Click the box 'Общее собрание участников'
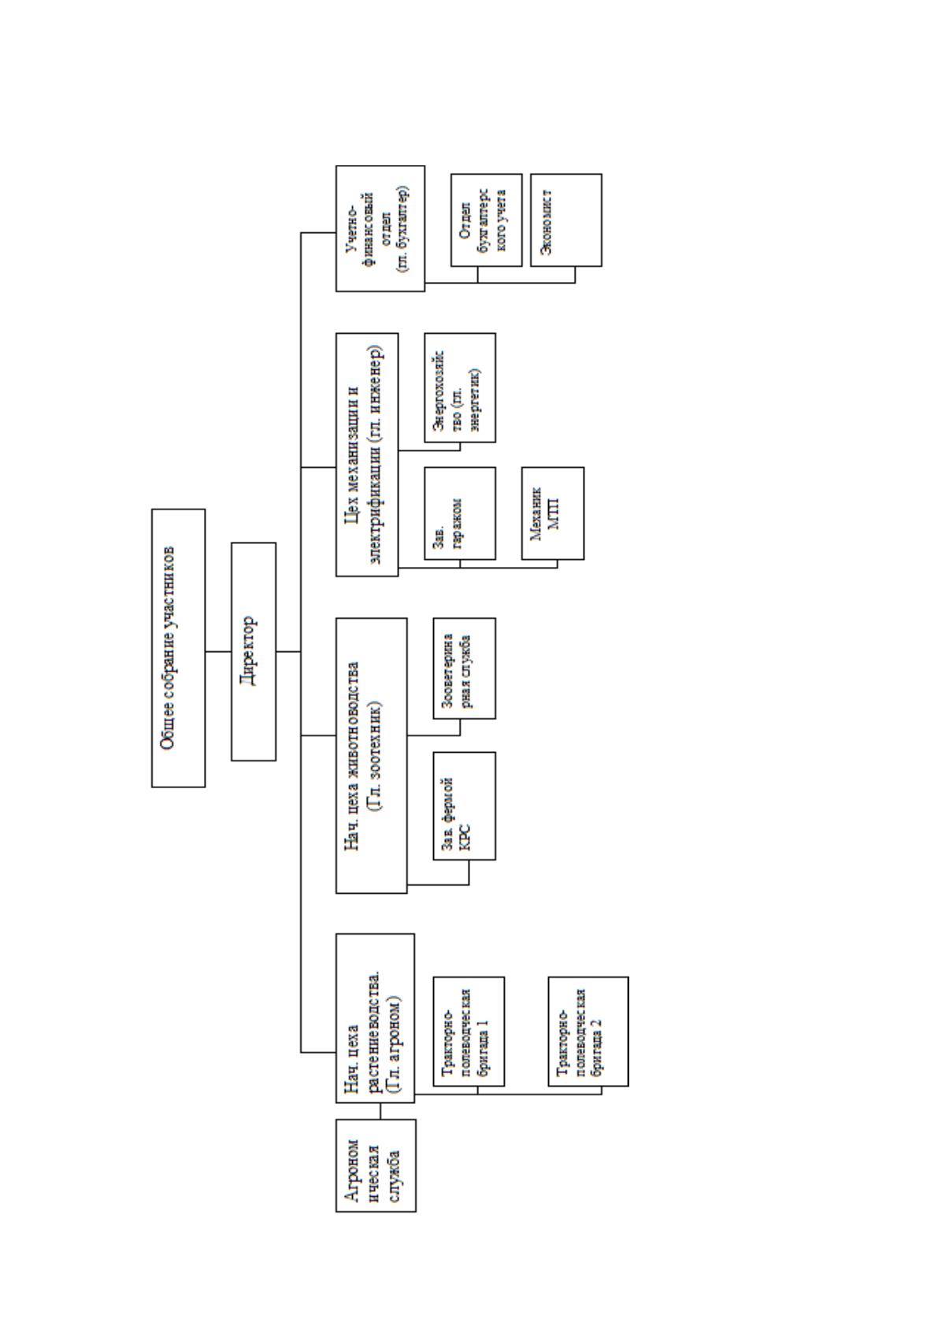coord(178,647)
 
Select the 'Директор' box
coord(254,651)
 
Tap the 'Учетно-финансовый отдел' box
coord(380,228)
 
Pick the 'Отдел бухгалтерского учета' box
coord(486,220)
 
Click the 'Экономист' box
coord(566,220)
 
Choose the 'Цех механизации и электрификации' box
coord(367,454)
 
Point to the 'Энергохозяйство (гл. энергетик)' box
coord(460,387)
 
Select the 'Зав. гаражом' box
coord(460,513)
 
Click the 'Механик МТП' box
coord(553,513)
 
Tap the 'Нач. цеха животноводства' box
coord(371,755)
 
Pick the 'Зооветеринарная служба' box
coord(464,669)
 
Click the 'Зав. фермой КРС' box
coord(464,806)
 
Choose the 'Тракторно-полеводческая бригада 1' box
coord(469,1032)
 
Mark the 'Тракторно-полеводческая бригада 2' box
coord(588,1032)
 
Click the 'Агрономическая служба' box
coord(376,1165)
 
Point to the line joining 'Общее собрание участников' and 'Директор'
coord(218,652)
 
